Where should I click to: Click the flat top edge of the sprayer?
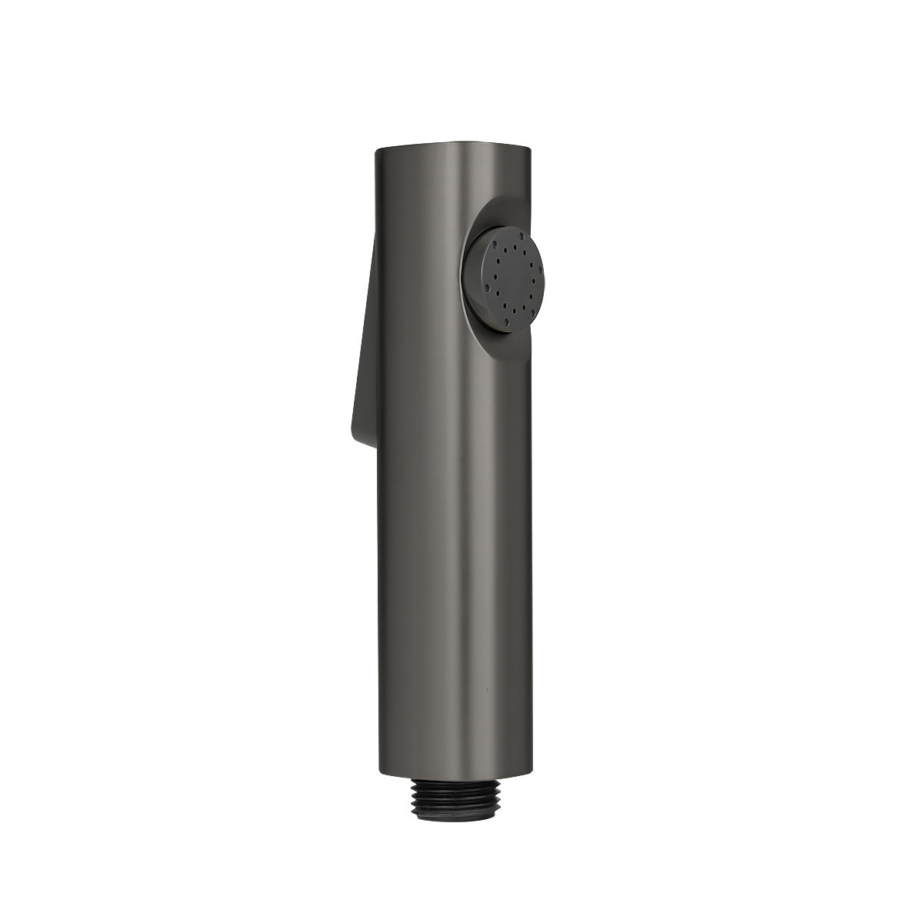coord(454,141)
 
